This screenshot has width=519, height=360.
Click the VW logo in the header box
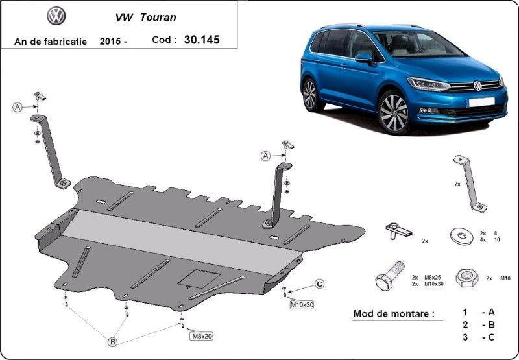point(56,16)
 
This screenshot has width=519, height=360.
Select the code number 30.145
point(202,40)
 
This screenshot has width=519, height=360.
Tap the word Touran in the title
point(158,18)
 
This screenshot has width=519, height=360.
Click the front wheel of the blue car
point(394,113)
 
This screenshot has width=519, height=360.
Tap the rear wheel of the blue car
point(310,95)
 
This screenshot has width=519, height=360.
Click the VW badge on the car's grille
point(477,86)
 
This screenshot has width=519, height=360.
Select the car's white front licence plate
point(481,102)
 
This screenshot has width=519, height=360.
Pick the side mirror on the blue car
point(363,58)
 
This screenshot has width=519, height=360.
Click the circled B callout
point(113,342)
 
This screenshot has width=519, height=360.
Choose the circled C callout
point(319,284)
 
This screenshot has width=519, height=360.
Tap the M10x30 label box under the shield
point(302,305)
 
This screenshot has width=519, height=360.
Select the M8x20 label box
point(201,336)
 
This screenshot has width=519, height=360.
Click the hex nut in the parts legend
point(466,278)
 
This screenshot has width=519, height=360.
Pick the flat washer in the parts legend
point(462,236)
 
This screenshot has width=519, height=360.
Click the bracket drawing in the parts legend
point(470,184)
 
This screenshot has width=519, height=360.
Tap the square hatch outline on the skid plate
point(199,279)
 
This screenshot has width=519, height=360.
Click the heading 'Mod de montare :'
point(394,314)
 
